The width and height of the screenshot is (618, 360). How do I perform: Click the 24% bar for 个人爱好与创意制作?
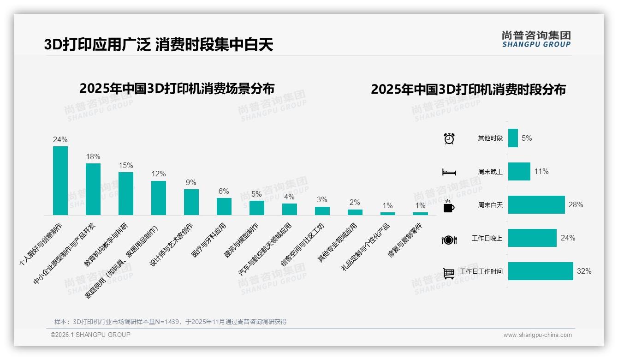pyautogui.click(x=60, y=180)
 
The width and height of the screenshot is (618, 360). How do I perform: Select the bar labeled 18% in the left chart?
pyautogui.click(x=93, y=189)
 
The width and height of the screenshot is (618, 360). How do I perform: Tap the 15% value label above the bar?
pyautogui.click(x=125, y=165)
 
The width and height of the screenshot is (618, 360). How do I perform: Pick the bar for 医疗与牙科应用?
pyautogui.click(x=224, y=206)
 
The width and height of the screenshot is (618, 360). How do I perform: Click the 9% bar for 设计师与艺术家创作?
pyautogui.click(x=191, y=202)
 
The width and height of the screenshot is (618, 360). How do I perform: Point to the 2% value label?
pyautogui.click(x=355, y=202)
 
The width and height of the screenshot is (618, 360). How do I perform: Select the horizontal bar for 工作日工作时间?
pyautogui.click(x=541, y=271)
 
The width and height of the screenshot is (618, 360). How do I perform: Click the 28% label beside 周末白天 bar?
pyautogui.click(x=576, y=204)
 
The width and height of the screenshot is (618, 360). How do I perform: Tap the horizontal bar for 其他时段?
pyautogui.click(x=513, y=138)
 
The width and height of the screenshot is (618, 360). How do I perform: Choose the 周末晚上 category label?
pyautogui.click(x=490, y=172)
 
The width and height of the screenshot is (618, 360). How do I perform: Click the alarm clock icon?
pyautogui.click(x=449, y=138)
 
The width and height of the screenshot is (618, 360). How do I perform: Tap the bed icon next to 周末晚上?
pyautogui.click(x=449, y=172)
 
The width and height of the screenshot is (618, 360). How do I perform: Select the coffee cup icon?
pyautogui.click(x=449, y=206)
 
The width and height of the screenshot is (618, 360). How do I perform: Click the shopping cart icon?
pyautogui.click(x=449, y=273)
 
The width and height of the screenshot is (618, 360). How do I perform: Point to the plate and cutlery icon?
pyautogui.click(x=449, y=240)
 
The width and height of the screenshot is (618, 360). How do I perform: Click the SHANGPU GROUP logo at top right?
pyautogui.click(x=536, y=39)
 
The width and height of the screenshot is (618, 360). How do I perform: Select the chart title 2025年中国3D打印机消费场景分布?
pyautogui.click(x=177, y=88)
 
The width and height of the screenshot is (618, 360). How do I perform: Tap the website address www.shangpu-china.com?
pyautogui.click(x=537, y=335)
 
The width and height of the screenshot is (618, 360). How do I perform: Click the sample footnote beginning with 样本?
pyautogui.click(x=170, y=322)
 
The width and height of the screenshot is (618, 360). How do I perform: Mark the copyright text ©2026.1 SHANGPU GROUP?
pyautogui.click(x=90, y=335)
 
